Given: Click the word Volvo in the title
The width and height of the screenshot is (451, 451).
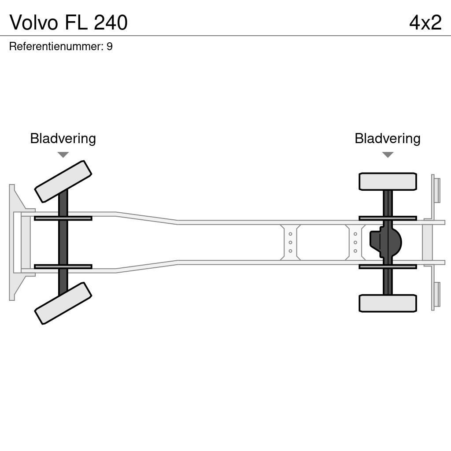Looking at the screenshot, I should click(x=33, y=22).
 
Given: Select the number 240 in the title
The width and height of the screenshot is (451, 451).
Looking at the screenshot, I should click(x=111, y=22).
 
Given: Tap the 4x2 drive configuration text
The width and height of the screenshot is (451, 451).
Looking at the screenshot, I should click(x=425, y=22).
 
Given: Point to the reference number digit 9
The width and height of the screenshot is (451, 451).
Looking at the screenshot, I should click(x=110, y=47).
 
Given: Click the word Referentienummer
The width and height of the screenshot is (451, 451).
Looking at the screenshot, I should click(x=56, y=47).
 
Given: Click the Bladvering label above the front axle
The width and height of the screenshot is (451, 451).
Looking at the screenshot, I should click(x=63, y=138).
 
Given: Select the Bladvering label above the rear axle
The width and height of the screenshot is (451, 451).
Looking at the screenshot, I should click(x=388, y=138).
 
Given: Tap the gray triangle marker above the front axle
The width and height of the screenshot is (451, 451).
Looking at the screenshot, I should click(x=63, y=155).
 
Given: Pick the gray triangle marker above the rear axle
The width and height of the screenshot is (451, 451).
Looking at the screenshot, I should click(x=388, y=155).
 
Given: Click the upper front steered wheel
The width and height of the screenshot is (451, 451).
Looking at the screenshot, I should click(x=63, y=181).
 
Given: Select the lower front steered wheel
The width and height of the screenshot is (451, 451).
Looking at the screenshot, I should click(x=63, y=303).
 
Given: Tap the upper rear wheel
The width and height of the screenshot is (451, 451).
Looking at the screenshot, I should click(x=388, y=181).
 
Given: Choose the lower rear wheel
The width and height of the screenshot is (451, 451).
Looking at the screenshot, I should click(x=388, y=303).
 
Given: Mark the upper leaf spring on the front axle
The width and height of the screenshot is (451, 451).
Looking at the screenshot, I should click(x=63, y=218).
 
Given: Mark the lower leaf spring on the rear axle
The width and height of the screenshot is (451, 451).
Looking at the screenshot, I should click(x=388, y=266).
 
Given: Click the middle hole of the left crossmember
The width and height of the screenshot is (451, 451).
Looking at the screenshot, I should click(x=290, y=242).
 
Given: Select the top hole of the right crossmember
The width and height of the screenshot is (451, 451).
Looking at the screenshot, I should click(x=355, y=234).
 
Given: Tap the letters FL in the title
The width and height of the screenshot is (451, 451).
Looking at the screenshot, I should click(x=77, y=22).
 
